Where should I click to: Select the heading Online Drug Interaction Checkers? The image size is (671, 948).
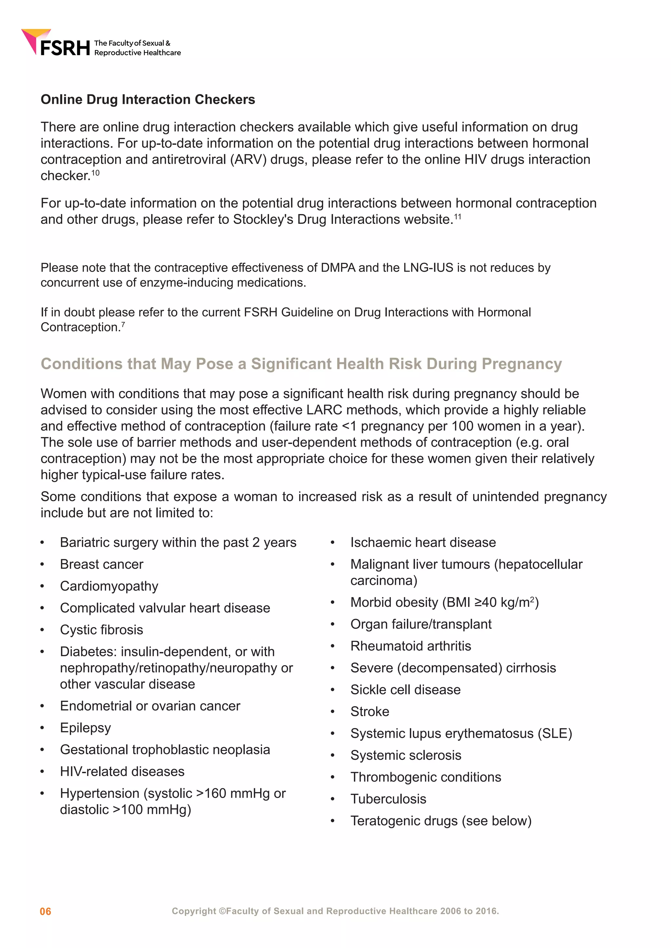click(x=147, y=100)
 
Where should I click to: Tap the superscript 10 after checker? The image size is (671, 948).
click(x=95, y=173)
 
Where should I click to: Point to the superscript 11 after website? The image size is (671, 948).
click(x=458, y=216)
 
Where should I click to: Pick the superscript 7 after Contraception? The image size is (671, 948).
click(x=123, y=324)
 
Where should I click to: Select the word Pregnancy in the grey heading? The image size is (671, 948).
click(x=522, y=364)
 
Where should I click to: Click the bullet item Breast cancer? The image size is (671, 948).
click(x=102, y=564)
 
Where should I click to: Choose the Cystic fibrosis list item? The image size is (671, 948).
click(x=102, y=630)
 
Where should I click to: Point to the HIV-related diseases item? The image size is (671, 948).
click(x=122, y=771)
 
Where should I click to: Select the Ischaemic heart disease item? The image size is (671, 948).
click(x=423, y=542)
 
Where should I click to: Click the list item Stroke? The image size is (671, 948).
click(x=370, y=711)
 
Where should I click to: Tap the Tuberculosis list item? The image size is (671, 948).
click(x=388, y=799)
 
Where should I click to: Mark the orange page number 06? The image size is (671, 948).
click(x=46, y=911)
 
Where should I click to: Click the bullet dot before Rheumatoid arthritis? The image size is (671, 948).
click(x=332, y=646)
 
